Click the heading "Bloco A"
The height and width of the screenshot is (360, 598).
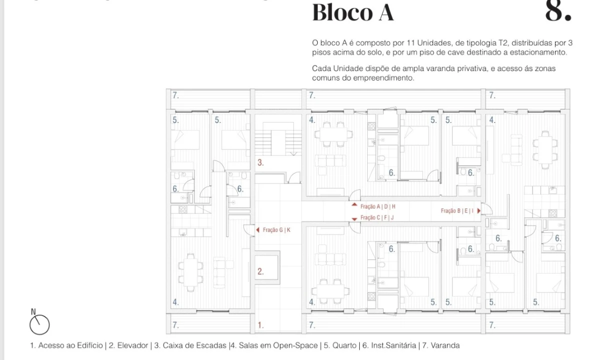353,12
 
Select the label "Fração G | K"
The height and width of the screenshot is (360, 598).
276,230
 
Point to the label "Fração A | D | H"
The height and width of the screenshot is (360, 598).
378,206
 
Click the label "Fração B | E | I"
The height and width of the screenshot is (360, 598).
457,210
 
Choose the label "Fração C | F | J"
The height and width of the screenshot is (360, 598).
377,217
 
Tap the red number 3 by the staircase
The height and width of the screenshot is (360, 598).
260,162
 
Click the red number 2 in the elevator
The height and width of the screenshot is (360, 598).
260,271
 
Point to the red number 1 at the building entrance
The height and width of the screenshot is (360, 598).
260,325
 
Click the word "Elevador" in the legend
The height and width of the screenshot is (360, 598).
132,345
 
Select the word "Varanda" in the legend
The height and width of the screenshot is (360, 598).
444,345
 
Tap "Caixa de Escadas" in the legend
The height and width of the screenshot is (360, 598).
194,345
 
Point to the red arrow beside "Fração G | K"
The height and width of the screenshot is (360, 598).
258,230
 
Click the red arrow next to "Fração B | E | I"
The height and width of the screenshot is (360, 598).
479,210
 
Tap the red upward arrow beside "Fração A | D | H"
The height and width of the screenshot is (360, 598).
354,205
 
